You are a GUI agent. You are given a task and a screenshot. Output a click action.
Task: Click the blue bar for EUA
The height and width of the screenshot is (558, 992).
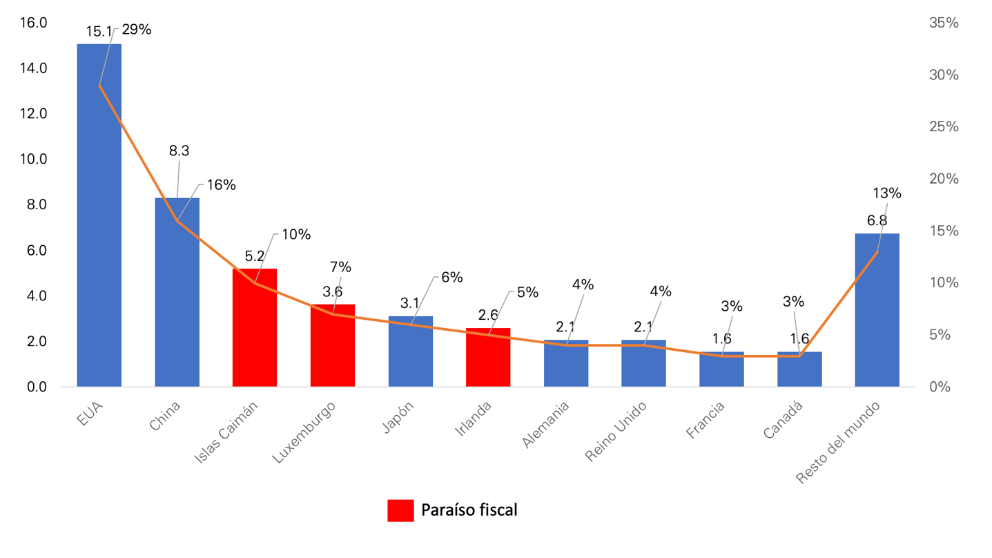point(99,214)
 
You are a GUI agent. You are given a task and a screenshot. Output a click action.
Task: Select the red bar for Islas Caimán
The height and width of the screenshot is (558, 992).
point(255,327)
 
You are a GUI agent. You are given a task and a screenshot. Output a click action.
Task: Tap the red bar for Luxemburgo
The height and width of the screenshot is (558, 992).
point(332,345)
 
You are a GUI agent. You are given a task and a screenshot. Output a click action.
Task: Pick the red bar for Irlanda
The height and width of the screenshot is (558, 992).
point(488,357)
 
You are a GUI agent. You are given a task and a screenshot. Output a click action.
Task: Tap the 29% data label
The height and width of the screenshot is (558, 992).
point(137,30)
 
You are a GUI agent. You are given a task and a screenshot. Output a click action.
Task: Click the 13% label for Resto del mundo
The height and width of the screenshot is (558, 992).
point(887,193)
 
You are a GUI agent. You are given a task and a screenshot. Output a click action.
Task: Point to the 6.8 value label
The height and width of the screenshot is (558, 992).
point(877,221)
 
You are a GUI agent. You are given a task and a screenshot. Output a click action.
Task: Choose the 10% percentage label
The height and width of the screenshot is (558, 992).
point(296,235)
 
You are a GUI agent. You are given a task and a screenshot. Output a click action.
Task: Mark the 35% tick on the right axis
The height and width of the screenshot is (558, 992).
point(944,23)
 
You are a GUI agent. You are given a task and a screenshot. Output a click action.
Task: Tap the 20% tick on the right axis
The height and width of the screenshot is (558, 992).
point(944,179)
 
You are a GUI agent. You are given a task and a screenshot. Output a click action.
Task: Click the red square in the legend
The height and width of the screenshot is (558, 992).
point(400,510)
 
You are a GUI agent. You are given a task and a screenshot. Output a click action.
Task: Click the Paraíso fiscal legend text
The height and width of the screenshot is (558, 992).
point(469,510)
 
